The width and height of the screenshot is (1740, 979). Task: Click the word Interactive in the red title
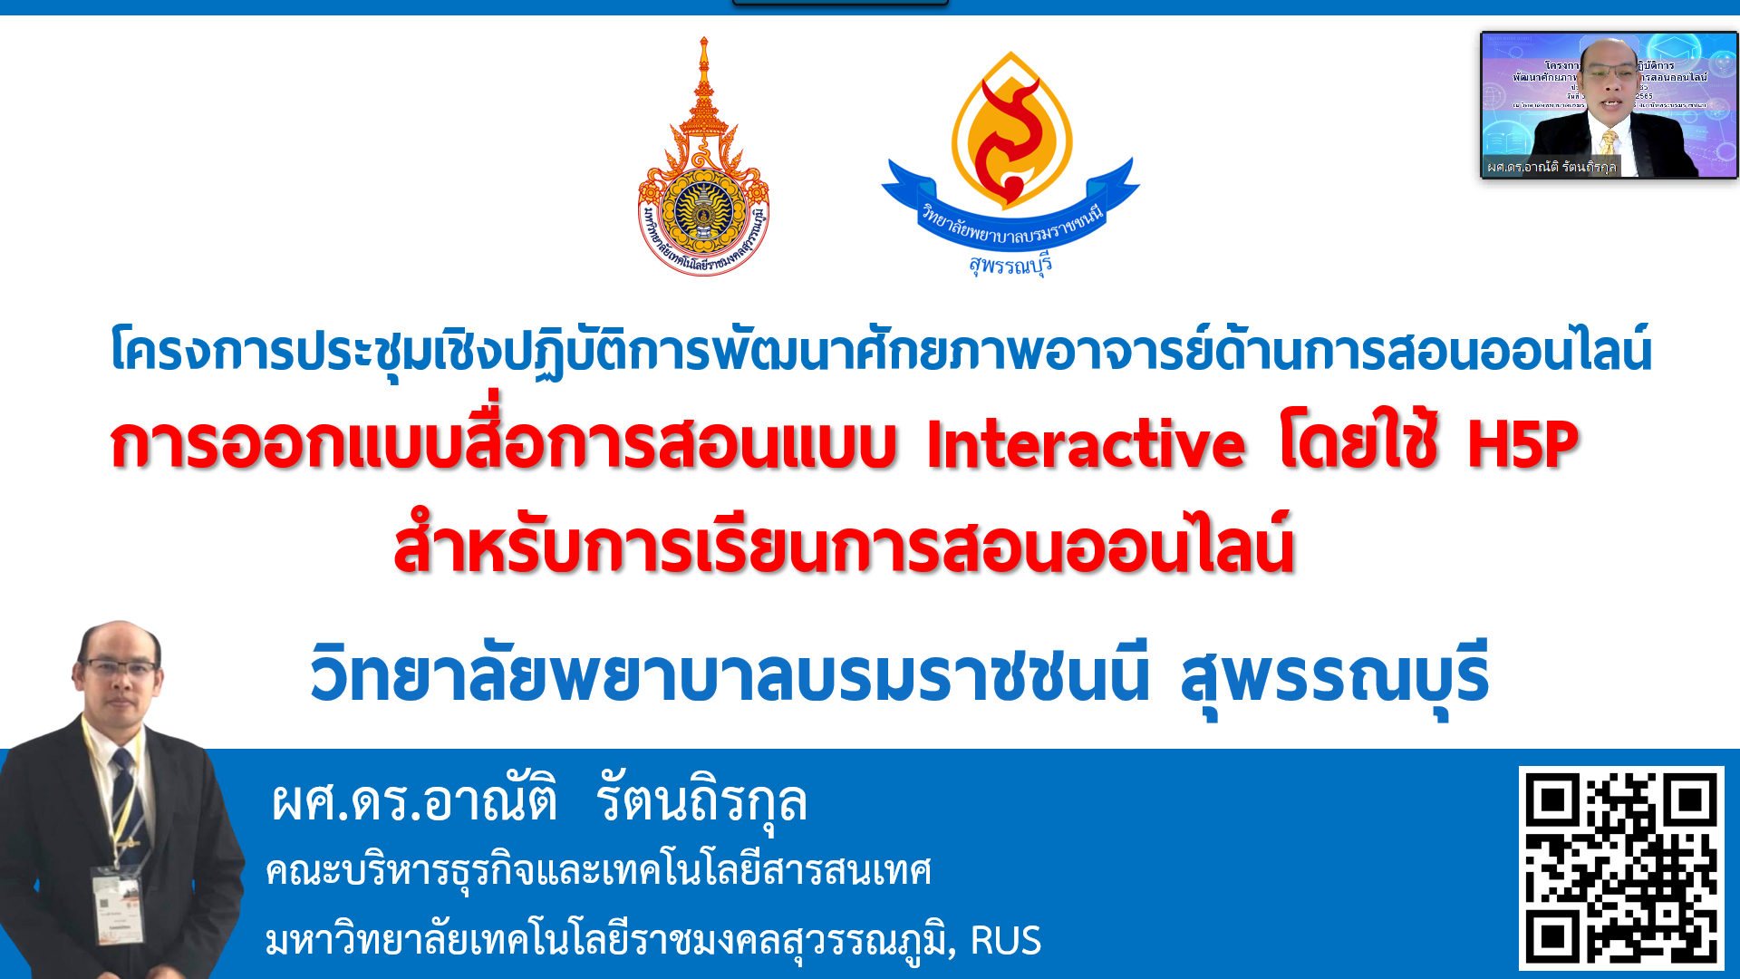[1086, 444]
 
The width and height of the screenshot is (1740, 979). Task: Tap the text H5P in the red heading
[1522, 444]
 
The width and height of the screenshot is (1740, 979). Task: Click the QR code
[1621, 868]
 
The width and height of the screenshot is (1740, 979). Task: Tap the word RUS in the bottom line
[1005, 941]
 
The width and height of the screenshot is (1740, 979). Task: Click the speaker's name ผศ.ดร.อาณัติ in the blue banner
[414, 801]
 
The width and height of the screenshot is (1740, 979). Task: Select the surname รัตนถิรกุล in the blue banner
[701, 801]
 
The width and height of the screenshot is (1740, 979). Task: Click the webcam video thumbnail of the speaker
[1609, 105]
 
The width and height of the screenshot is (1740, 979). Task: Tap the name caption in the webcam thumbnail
[1551, 167]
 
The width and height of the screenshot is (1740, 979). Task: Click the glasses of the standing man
[120, 669]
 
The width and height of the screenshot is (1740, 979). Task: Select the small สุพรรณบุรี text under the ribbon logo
[1010, 265]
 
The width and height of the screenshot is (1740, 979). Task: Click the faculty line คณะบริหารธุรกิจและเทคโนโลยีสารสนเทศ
[598, 871]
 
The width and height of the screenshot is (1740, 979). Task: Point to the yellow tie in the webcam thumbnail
[1609, 143]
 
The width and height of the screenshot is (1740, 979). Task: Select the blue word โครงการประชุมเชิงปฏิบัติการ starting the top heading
[408, 352]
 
